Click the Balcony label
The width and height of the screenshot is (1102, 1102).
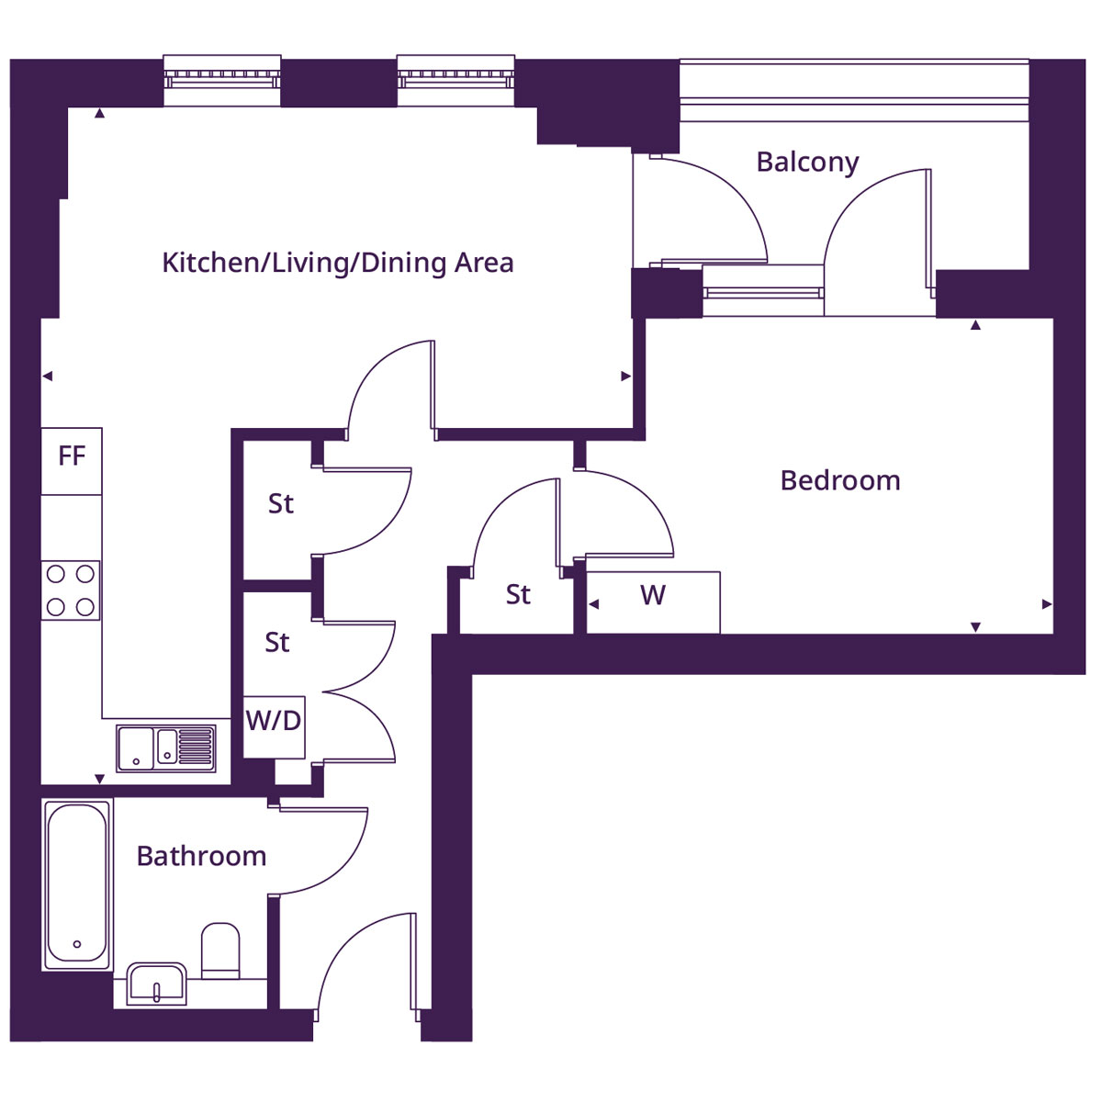click(x=807, y=163)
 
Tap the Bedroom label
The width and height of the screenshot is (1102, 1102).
click(x=839, y=480)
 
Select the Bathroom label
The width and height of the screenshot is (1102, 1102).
click(x=201, y=856)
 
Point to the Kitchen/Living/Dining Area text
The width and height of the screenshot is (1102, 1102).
click(x=337, y=263)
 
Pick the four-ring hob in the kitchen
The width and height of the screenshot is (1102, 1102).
click(x=71, y=590)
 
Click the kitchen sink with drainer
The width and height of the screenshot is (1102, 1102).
click(x=166, y=747)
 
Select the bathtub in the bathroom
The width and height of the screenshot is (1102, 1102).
click(x=77, y=883)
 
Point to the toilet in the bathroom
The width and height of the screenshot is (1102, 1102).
click(x=220, y=950)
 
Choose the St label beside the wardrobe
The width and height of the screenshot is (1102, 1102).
click(x=518, y=595)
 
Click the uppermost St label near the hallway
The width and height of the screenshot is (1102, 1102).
click(x=281, y=503)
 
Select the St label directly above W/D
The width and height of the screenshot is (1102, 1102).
click(x=277, y=642)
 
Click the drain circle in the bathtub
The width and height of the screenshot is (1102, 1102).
click(x=77, y=944)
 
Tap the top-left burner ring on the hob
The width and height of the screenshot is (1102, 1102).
click(x=56, y=575)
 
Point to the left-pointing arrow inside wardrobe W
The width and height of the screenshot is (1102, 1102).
click(x=594, y=604)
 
